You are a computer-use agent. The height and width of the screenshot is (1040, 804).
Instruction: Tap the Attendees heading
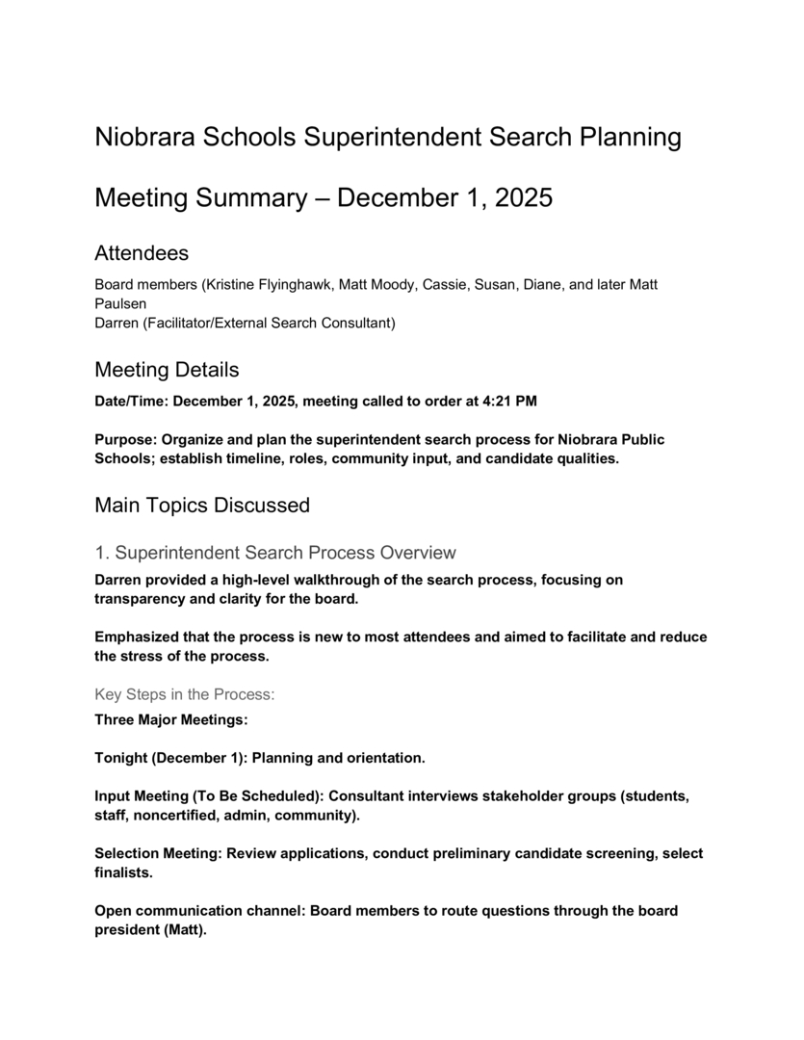coord(142,253)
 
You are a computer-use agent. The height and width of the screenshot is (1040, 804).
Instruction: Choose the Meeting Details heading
coord(167,370)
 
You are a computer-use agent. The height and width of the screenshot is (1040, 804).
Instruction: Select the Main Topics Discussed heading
coord(202,505)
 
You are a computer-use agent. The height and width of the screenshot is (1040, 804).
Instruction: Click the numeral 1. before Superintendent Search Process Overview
coord(102,553)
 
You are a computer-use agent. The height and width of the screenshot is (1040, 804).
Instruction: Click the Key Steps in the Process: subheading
coord(185,693)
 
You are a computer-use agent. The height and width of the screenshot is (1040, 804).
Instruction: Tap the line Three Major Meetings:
coord(171,719)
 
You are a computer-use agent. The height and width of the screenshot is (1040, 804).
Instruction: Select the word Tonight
coord(120,758)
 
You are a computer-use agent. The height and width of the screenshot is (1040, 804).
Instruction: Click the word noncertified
coord(179,816)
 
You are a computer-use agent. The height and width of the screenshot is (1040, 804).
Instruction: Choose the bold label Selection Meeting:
coord(158,853)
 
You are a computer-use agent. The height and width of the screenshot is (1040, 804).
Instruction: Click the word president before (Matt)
coord(130,930)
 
